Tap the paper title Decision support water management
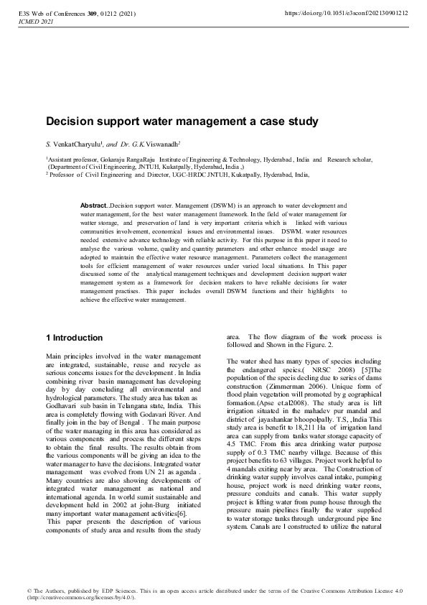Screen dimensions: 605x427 tap(182, 122)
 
